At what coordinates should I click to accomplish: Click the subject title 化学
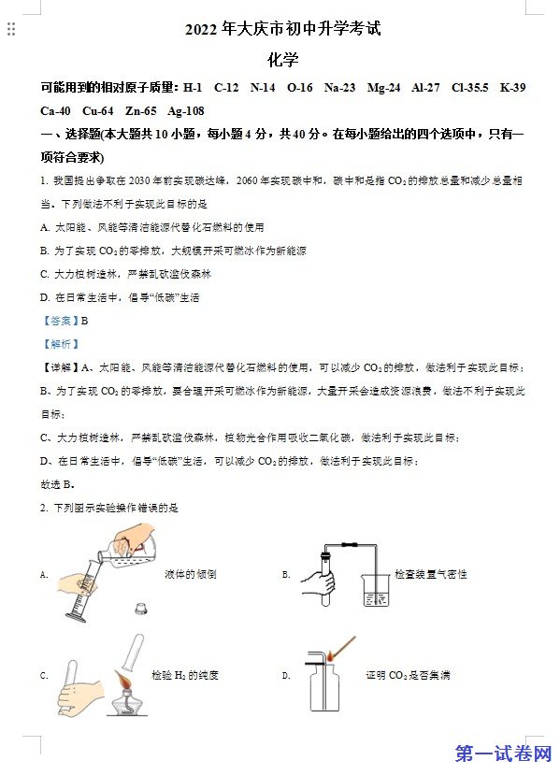pos(282,60)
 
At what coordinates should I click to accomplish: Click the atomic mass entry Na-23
pos(339,88)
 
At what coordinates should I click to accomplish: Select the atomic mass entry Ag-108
pos(186,110)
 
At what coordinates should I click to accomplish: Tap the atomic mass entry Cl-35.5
pos(469,88)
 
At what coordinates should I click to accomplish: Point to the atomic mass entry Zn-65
pos(141,110)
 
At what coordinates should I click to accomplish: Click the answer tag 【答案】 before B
pos(60,321)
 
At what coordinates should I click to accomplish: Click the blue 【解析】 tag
pos(60,344)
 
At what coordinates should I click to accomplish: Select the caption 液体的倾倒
pos(191,574)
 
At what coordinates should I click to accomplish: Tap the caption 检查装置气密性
pos(430,574)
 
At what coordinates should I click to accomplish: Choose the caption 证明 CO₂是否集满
pos(408,675)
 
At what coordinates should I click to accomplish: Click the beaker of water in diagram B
pos(376,590)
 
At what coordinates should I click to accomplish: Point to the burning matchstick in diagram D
pos(342,650)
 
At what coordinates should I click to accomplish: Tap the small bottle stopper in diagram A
pos(141,608)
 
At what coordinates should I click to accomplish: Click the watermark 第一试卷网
pos(503,754)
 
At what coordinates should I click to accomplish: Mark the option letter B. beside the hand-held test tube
pos(286,575)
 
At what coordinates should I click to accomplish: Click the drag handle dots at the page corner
pos(11,29)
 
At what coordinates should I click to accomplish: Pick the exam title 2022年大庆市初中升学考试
pos(282,29)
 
